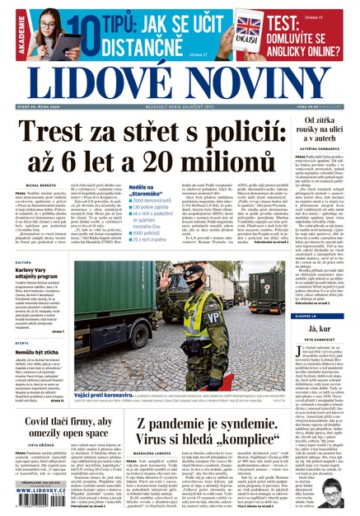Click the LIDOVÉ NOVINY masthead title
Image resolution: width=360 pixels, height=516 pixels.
(x=180, y=79)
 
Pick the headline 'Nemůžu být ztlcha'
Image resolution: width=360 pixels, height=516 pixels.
(x=33, y=351)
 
